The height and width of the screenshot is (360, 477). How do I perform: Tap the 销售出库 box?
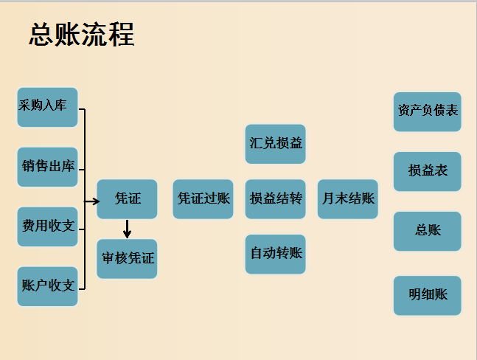pyautogui.click(x=47, y=167)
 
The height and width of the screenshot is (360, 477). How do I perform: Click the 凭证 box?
pyautogui.click(x=127, y=199)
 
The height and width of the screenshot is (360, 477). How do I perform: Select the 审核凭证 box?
pyautogui.click(x=127, y=259)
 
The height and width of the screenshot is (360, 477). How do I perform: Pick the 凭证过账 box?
pyautogui.click(x=203, y=199)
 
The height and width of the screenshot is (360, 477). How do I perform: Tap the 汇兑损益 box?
pyautogui.click(x=275, y=144)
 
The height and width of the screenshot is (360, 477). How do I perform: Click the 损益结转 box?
pyautogui.click(x=275, y=199)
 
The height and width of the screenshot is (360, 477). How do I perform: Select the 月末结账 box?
pyautogui.click(x=347, y=199)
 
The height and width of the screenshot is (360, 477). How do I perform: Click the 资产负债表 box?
pyautogui.click(x=427, y=111)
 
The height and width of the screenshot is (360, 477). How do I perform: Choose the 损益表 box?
pyautogui.click(x=427, y=171)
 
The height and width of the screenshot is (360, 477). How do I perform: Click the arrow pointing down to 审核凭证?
pyautogui.click(x=127, y=229)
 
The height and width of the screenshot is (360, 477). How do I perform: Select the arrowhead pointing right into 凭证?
pyautogui.click(x=94, y=200)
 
